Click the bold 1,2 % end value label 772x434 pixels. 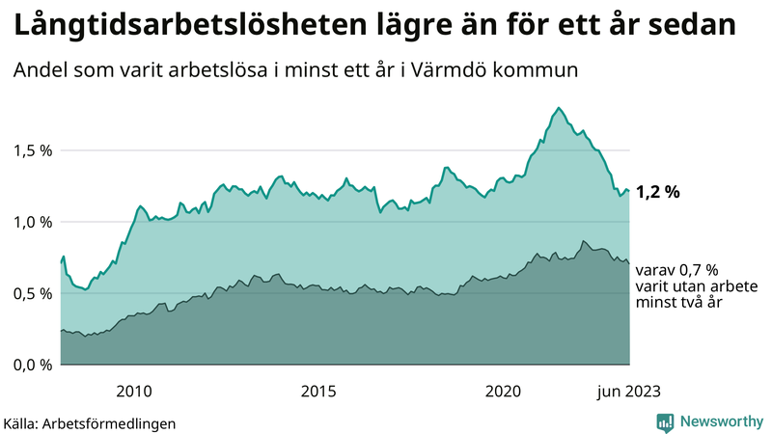657,192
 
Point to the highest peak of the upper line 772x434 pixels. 560,108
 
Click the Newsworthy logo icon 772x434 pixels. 666,421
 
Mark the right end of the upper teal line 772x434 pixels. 629,191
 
